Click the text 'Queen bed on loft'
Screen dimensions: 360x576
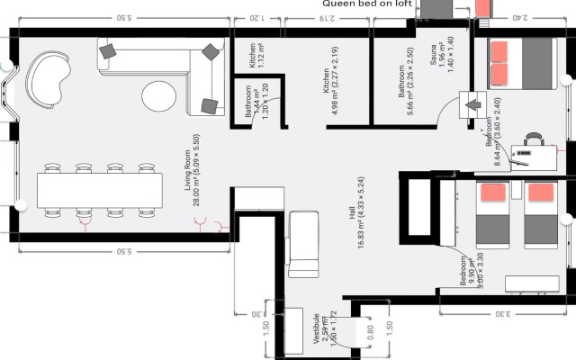pyautogui.click(x=369, y=4)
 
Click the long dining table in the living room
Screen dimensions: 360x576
pyautogui.click(x=99, y=190)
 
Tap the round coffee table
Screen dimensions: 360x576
pyautogui.click(x=159, y=94)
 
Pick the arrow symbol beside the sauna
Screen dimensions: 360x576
pyautogui.click(x=472, y=104)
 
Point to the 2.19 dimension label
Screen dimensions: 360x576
pyautogui.click(x=327, y=17)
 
